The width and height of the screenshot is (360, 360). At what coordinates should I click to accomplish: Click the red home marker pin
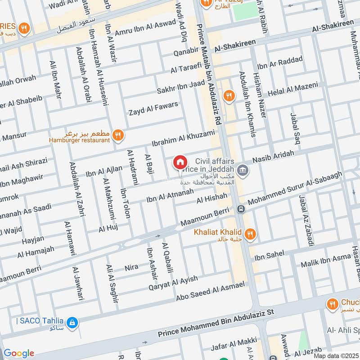coord(180,162)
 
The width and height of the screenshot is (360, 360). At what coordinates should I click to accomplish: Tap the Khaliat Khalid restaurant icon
coord(251,233)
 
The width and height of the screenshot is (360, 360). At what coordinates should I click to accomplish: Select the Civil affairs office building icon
coord(243,170)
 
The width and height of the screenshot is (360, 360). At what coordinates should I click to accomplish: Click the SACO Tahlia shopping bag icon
coord(72,322)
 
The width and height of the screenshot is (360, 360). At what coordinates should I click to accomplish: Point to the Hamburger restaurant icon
coord(117,134)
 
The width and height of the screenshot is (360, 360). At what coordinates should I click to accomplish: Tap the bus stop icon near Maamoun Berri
coord(241,209)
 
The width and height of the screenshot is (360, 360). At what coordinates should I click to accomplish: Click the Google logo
coord(18,353)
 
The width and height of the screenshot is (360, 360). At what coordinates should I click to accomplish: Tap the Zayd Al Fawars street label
coord(153,108)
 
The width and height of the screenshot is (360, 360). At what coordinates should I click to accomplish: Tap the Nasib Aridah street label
coord(273,157)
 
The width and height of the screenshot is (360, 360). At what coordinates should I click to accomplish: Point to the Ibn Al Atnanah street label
coord(170,196)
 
